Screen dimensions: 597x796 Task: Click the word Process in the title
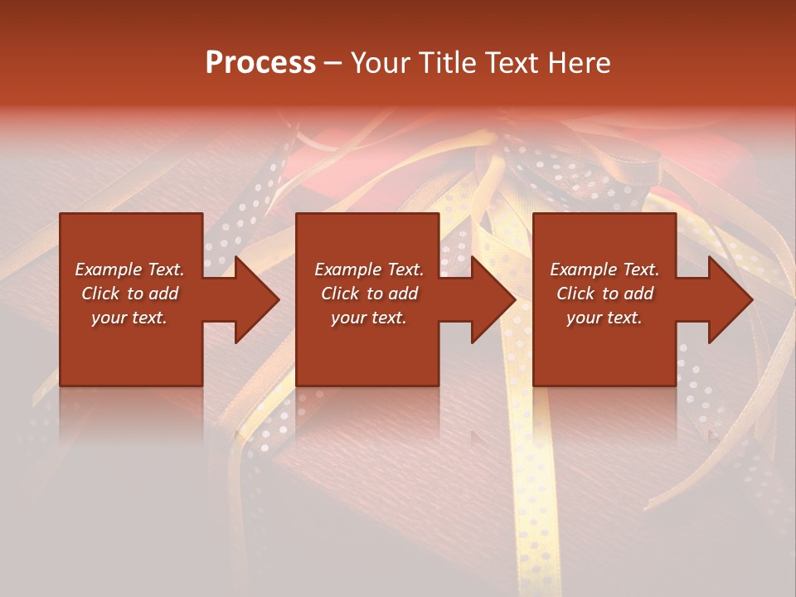click(260, 63)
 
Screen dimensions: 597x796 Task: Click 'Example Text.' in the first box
click(129, 269)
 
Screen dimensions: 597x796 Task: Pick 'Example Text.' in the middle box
click(369, 269)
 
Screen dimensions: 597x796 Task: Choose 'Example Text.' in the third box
click(604, 269)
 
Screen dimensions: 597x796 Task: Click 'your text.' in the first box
click(129, 318)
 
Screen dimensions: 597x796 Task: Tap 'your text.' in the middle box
click(369, 318)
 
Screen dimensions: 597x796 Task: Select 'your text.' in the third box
click(604, 318)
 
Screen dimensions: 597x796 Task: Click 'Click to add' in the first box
click(129, 294)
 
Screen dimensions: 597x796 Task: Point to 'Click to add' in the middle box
click(369, 294)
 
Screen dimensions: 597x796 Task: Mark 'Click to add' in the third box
click(604, 294)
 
